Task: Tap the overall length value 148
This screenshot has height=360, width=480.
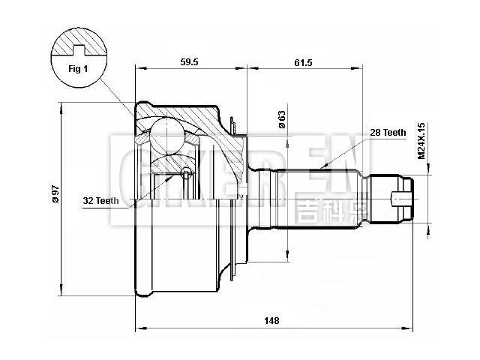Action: pos(272,320)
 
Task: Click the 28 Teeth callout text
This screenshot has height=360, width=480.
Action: pos(388,132)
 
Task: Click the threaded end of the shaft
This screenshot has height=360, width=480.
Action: pos(393,198)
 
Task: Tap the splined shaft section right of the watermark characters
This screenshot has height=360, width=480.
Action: pos(352,198)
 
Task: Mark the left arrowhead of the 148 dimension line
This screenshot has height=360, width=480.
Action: pos(138,328)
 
